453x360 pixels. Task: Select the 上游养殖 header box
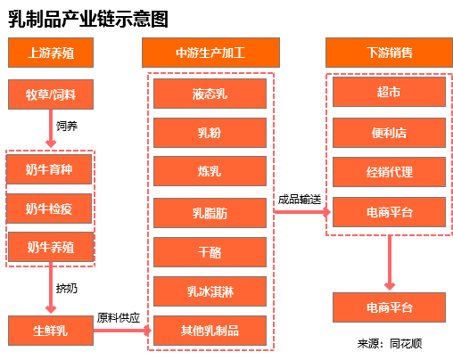tap(50, 53)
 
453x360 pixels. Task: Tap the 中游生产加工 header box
tap(210, 53)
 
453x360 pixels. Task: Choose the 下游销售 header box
tap(388, 53)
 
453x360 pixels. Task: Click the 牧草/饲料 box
tap(50, 94)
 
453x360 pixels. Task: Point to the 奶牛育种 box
tap(50, 168)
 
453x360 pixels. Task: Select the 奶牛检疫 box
tap(50, 208)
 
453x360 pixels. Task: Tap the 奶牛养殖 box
tap(50, 247)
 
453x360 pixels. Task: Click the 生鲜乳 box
tap(50, 331)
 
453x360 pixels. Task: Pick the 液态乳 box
tap(210, 94)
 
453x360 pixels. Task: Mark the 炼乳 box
tap(210, 172)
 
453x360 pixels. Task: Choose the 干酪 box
tap(210, 252)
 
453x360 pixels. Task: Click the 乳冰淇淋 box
tap(210, 291)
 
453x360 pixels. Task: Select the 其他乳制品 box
tap(210, 331)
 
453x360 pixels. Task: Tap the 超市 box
tap(389, 92)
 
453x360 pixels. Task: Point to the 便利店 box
tap(389, 132)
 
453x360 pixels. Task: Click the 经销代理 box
tap(389, 172)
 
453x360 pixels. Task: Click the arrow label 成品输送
tap(299, 198)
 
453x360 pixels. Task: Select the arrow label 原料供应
tap(119, 317)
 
